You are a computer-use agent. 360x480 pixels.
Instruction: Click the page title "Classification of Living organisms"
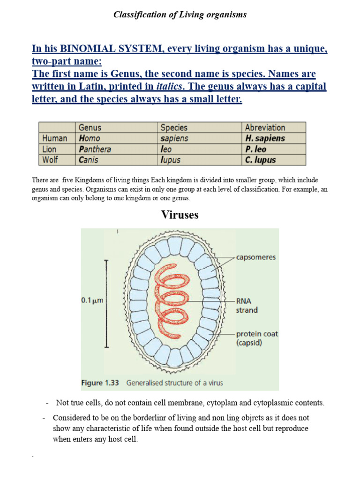180,15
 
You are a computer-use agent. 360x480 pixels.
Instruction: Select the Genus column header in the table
90,127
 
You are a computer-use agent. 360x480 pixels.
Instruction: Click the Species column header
174,127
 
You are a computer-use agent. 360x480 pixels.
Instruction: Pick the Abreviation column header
265,127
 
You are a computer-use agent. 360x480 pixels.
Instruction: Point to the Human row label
54,138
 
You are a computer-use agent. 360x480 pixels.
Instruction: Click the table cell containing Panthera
95,149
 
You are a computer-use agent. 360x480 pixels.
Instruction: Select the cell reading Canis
90,160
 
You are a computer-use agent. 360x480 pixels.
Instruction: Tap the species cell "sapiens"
174,138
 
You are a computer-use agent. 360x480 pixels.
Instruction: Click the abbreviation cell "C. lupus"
261,160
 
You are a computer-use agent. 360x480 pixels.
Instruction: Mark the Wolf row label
50,160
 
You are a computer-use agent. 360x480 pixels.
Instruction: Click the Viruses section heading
180,215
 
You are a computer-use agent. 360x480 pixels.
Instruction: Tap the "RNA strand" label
246,305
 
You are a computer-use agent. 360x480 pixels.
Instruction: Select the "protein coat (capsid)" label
256,338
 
